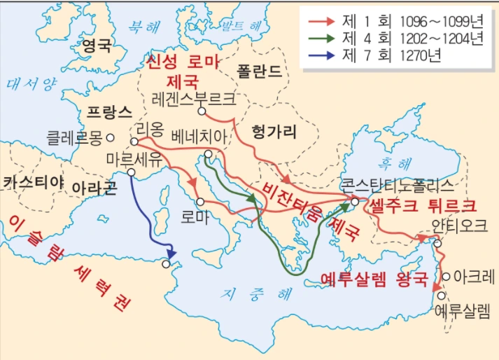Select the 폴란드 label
click(x=259, y=71)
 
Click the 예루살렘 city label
click(x=463, y=307)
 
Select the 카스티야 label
click(x=34, y=183)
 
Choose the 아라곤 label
click(x=93, y=188)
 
